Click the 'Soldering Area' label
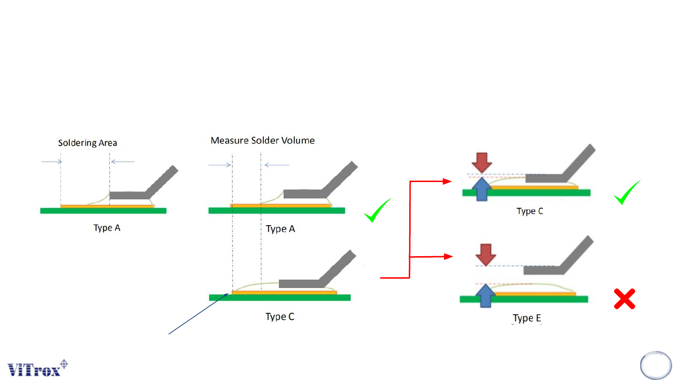coord(88,143)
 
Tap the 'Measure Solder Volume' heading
coord(262,140)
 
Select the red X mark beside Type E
coord(624,299)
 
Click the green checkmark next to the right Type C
coord(627,193)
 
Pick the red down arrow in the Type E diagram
coord(485,254)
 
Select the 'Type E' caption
coord(527,319)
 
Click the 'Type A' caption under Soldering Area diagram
coord(107,228)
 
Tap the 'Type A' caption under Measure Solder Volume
coord(280,229)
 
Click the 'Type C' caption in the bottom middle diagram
coord(280,317)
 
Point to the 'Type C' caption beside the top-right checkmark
coord(530,211)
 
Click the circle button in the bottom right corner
coord(656,365)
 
